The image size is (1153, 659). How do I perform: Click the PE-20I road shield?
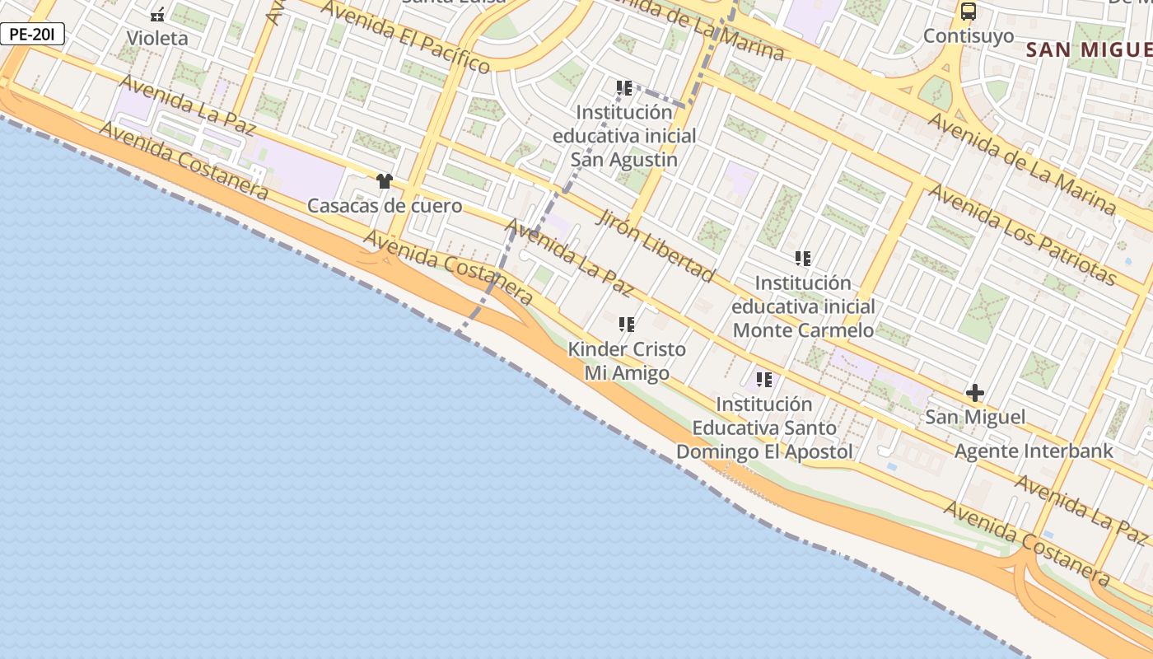(x=32, y=35)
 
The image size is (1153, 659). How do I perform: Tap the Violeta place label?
(x=157, y=38)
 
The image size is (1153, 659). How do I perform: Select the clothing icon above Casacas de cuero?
(x=384, y=181)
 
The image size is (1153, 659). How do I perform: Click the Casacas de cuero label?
(x=385, y=205)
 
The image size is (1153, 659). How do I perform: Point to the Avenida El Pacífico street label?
(x=405, y=36)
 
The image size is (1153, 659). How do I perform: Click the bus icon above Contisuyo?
(x=969, y=12)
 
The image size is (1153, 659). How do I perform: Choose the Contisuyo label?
(x=969, y=36)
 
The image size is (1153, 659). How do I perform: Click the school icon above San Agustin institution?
(x=624, y=87)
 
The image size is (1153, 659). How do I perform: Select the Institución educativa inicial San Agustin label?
(x=624, y=136)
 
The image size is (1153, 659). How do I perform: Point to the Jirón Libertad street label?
(x=655, y=245)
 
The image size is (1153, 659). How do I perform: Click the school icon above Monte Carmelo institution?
(x=803, y=259)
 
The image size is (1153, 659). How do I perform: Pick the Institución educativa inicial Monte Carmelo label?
(x=803, y=306)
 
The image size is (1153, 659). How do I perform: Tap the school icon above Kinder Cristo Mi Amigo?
(x=627, y=325)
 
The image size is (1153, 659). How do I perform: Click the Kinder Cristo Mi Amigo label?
(x=627, y=361)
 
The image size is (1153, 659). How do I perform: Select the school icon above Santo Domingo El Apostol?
(x=764, y=380)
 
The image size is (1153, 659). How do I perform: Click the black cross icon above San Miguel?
(x=975, y=393)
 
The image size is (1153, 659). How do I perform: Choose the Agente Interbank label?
(x=1034, y=451)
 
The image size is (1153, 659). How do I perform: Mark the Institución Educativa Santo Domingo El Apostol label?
(x=764, y=428)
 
